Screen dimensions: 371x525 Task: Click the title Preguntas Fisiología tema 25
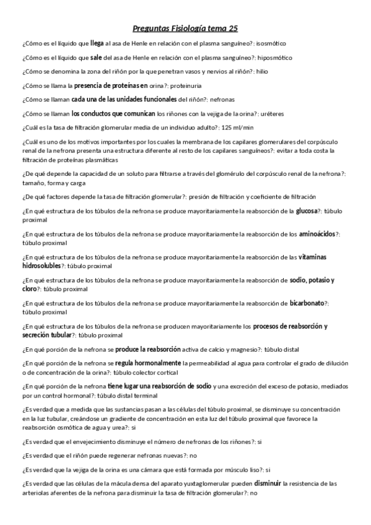tap(185, 28)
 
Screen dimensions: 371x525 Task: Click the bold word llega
tap(97, 44)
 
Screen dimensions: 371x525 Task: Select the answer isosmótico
tap(271, 44)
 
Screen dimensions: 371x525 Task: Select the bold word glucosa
tap(307, 211)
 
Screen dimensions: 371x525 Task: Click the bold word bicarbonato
tap(307, 303)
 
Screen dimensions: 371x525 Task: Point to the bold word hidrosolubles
tap(41, 266)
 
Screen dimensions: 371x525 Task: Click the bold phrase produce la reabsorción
tap(148, 349)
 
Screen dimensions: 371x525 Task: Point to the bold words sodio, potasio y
tap(312, 280)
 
